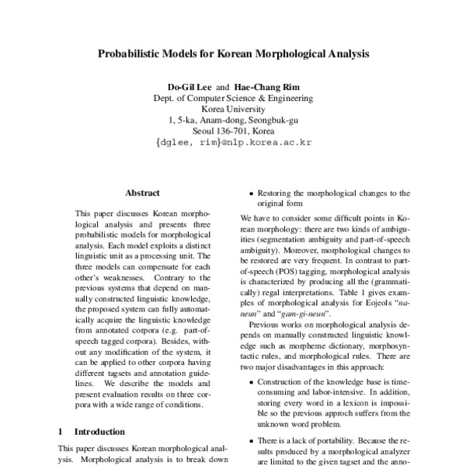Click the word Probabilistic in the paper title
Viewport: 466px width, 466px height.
[x=130, y=55]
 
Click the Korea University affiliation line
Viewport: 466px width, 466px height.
[x=233, y=110]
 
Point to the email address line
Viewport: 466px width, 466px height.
[x=233, y=143]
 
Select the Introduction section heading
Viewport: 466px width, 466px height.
[x=99, y=430]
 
